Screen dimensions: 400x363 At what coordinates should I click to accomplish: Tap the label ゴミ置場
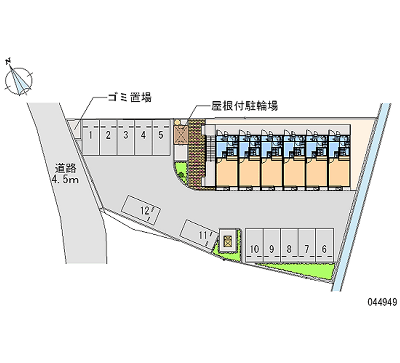(x=128, y=97)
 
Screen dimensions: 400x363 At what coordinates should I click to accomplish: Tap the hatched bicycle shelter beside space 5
(x=180, y=133)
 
